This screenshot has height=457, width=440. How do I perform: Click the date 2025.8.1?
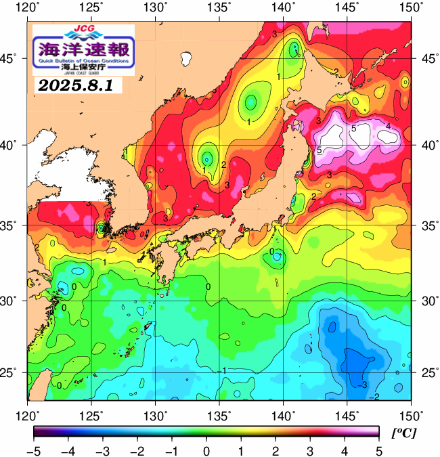(76, 86)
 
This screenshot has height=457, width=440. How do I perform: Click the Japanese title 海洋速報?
(84, 49)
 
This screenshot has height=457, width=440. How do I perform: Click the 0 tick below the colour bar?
(206, 450)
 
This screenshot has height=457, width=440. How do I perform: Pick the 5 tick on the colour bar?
(378, 450)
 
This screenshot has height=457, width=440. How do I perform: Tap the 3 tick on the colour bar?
(309, 450)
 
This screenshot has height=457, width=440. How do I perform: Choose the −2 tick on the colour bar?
(137, 450)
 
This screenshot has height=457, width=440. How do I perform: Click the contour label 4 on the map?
(388, 126)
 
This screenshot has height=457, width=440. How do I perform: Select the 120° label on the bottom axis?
(28, 414)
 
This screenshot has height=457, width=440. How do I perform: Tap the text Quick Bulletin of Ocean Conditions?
(84, 62)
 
